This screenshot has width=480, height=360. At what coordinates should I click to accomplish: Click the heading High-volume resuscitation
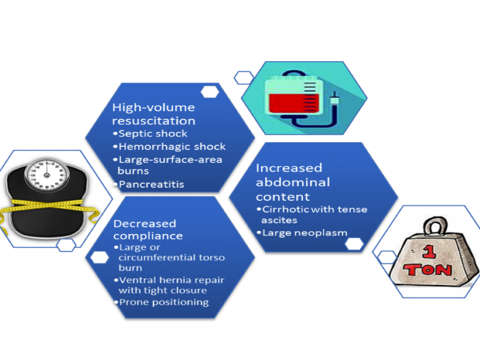154,114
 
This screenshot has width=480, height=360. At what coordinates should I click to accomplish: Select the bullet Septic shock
152,134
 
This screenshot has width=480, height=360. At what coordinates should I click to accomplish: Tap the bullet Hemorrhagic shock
172,146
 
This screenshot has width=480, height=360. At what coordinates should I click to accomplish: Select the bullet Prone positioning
163,302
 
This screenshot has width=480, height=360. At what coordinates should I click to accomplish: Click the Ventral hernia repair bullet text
169,285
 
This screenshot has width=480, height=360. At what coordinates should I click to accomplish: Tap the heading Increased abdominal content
289,182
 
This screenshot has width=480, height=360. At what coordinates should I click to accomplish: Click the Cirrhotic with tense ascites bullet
313,214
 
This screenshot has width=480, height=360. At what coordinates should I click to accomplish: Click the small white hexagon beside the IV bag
243,77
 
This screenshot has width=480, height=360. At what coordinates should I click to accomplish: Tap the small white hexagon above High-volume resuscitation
209,91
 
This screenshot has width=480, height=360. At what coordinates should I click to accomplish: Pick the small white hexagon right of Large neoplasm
355,243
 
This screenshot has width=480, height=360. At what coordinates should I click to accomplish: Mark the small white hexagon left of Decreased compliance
99,257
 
